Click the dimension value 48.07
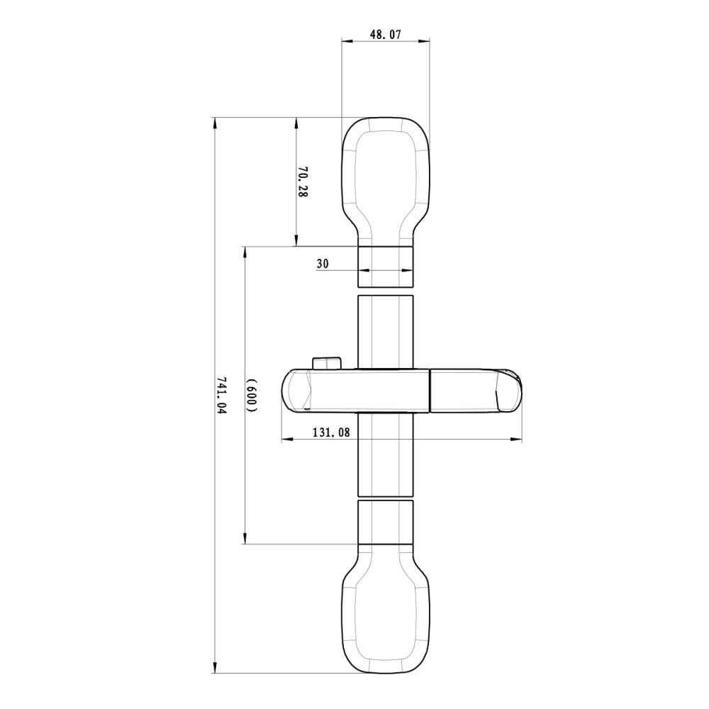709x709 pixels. (386, 33)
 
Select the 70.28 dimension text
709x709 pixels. (303, 182)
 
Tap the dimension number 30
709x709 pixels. (323, 263)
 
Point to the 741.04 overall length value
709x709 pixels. (221, 396)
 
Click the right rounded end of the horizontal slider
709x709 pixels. (509, 390)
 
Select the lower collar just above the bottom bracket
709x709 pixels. (385, 522)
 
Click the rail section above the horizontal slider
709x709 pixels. (385, 330)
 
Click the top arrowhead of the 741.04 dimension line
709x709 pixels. (215, 123)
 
